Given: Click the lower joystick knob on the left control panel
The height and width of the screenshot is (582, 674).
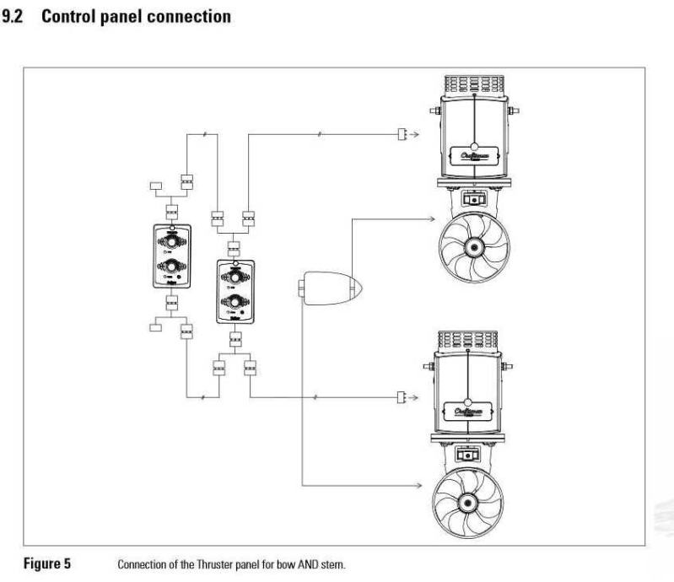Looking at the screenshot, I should (172, 267).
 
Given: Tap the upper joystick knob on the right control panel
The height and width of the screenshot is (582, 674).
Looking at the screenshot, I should (235, 276).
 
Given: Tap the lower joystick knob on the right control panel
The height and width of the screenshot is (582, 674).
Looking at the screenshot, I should (235, 301).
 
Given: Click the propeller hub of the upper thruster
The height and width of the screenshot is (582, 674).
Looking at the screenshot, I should (473, 248).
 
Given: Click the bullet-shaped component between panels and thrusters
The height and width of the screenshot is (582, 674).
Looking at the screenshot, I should (332, 289).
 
